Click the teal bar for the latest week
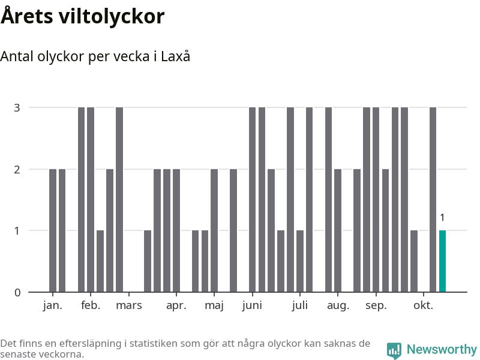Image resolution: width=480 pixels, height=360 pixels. (x=442, y=261)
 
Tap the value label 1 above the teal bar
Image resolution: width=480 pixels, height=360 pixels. (x=442, y=218)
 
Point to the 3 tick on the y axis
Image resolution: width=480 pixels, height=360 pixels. (x=17, y=108)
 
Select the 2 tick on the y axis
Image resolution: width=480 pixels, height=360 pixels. (x=17, y=169)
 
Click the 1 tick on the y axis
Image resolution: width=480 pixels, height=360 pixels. (x=17, y=231)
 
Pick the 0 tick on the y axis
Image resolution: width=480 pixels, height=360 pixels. (x=17, y=293)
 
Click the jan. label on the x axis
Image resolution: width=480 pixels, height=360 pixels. (x=53, y=306)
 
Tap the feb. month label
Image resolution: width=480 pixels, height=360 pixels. (x=91, y=306)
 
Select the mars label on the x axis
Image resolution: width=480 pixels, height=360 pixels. (x=129, y=306)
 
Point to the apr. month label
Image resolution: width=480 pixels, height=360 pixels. (x=176, y=306)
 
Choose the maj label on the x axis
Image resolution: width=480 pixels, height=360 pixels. (x=214, y=306)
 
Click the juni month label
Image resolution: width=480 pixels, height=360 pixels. (x=252, y=306)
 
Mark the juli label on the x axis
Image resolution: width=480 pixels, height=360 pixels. (x=300, y=306)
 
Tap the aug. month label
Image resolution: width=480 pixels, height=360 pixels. (x=338, y=306)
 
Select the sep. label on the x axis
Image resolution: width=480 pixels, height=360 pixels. (x=376, y=306)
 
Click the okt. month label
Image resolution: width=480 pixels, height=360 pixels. (x=424, y=306)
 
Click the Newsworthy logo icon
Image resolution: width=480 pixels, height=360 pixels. (x=394, y=350)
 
